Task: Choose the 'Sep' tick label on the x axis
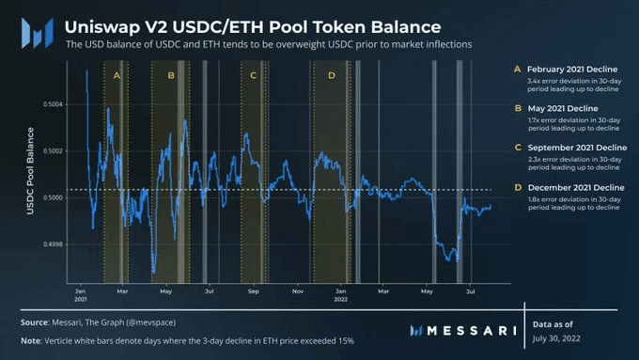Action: tap(253, 291)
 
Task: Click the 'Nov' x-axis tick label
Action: tap(297, 291)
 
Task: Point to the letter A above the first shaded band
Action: tap(117, 74)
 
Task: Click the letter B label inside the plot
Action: tap(170, 74)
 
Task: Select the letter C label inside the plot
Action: tap(253, 74)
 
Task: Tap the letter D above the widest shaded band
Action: tap(330, 74)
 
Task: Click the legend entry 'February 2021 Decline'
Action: tap(576, 70)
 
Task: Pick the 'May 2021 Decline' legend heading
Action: tap(565, 109)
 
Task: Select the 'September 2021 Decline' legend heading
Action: tap(578, 148)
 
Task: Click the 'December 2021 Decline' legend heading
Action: tap(577, 187)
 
